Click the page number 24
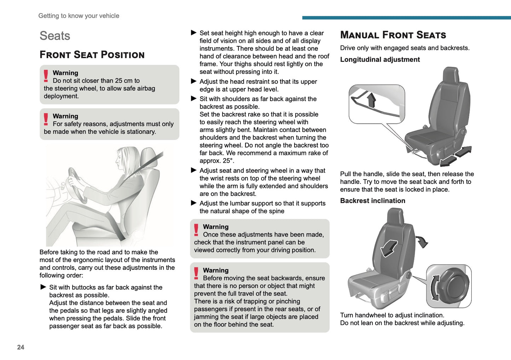click(x=21, y=347)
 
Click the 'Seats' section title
click(x=55, y=36)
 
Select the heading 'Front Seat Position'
click(x=92, y=55)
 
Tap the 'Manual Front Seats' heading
click(x=393, y=35)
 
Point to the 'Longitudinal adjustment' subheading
click(x=380, y=59)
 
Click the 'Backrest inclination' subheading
click(x=372, y=201)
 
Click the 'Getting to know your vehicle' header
click(x=79, y=16)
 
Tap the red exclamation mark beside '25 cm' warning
click(x=46, y=76)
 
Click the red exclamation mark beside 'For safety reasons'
click(x=46, y=120)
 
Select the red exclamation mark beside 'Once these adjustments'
click(x=196, y=230)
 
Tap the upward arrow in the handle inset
click(x=371, y=100)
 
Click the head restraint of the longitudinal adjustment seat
click(x=451, y=75)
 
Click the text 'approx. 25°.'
click(x=217, y=161)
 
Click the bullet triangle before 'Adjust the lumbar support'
click(x=193, y=203)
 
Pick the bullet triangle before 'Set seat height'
click(x=193, y=33)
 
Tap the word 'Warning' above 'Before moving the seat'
click(x=216, y=270)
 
